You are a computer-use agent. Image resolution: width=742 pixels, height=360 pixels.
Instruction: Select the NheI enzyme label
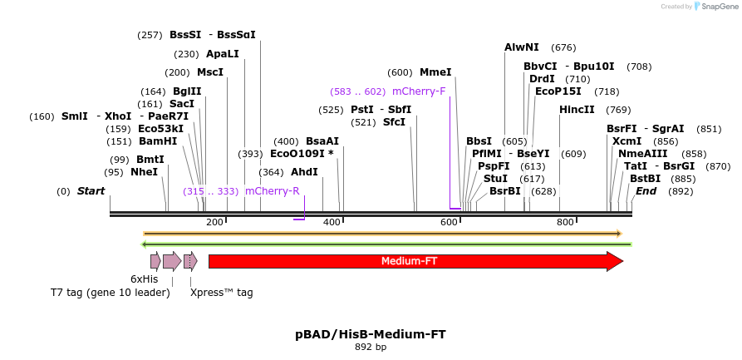coord(144,172)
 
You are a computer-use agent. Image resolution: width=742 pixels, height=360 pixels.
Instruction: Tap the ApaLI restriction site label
coord(222,54)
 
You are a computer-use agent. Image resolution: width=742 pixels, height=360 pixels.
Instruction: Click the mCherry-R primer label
coord(272,191)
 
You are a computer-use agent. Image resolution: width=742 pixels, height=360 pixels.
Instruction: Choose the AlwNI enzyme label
coord(521,47)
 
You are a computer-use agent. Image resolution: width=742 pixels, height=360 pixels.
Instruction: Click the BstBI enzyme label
coord(645,179)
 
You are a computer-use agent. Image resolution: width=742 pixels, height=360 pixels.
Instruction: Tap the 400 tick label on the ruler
coord(332,222)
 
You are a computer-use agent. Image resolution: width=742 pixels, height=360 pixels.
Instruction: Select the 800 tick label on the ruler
coord(565,222)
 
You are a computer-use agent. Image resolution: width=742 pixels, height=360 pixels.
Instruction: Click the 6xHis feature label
coord(144,279)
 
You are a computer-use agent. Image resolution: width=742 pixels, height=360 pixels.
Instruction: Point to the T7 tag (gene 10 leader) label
coord(110,293)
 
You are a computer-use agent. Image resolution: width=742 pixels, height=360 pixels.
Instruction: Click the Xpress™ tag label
coord(221,293)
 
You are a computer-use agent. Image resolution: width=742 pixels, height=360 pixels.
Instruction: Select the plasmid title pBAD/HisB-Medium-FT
coord(371,334)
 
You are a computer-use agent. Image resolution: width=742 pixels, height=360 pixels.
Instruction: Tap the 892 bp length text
coord(371,348)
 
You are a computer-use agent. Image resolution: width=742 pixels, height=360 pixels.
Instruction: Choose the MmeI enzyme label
coord(435,72)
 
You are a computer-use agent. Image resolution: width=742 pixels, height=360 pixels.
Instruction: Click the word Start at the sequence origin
coord(91,191)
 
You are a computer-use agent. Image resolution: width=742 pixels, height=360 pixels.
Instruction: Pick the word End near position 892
coord(646,191)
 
